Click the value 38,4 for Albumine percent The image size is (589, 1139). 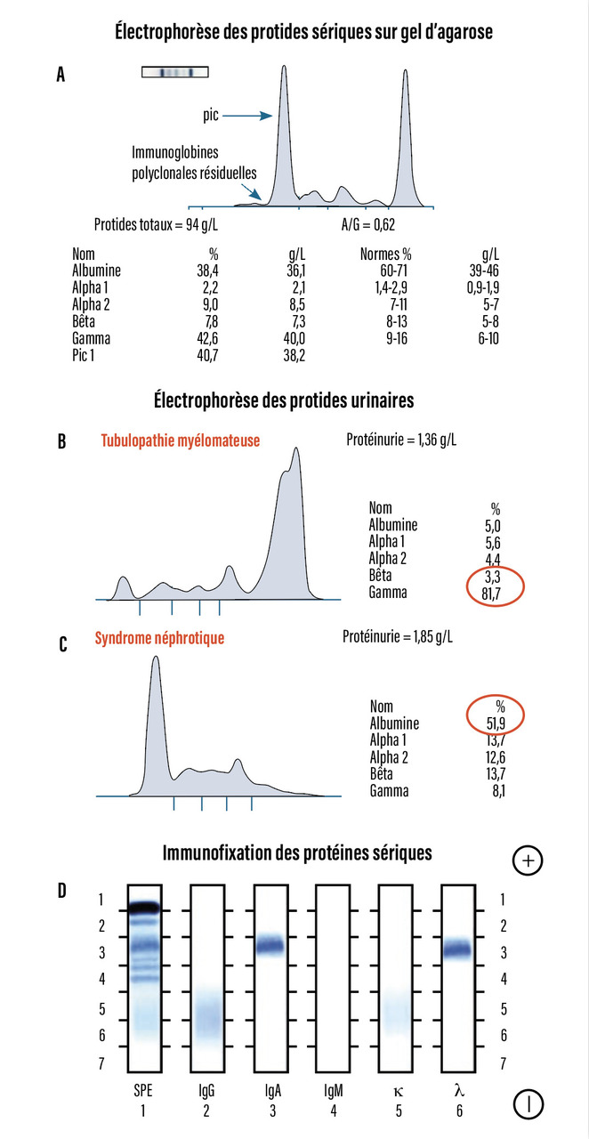[x=206, y=269]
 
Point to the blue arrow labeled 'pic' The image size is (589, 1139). [x=244, y=116]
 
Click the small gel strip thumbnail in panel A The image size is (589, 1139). [x=174, y=72]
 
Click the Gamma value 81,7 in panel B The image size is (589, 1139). [x=496, y=592]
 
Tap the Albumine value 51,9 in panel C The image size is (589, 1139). [x=496, y=723]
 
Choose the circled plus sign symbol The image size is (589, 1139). [x=528, y=860]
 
